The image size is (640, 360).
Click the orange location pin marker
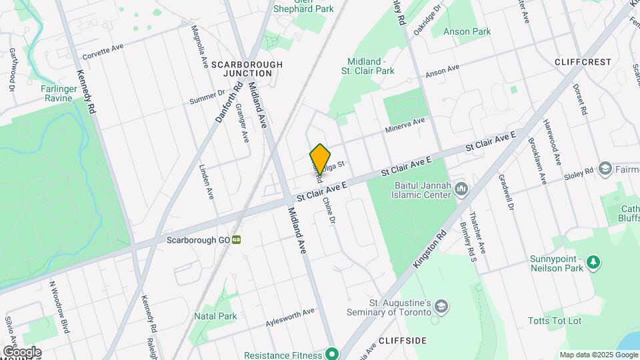[320, 159]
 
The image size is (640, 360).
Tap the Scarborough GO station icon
[237, 240]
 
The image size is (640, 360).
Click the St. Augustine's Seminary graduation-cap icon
[441, 307]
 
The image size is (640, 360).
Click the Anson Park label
[467, 31]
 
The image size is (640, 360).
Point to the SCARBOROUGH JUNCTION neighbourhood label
[247, 69]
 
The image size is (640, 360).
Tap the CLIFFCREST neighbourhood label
[582, 62]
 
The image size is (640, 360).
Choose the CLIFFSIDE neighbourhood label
[402, 341]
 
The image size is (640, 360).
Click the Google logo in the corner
[22, 352]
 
